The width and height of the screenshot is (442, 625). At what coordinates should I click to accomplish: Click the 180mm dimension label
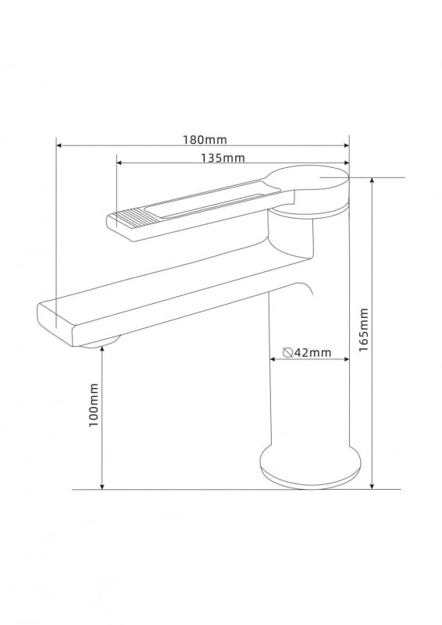[x=205, y=140]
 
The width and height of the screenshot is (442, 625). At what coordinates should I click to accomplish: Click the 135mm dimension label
[x=223, y=158]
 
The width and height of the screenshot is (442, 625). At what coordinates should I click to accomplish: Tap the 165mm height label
[x=363, y=330]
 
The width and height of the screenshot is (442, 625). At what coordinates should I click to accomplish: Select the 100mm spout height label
[x=93, y=405]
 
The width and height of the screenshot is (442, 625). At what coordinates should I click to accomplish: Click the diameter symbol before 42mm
[x=288, y=352]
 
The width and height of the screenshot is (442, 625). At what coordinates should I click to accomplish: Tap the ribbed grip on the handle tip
[x=128, y=220]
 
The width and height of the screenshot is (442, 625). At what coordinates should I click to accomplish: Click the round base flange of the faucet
[x=310, y=467]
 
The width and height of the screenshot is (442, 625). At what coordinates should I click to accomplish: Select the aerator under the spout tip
[x=101, y=342]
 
